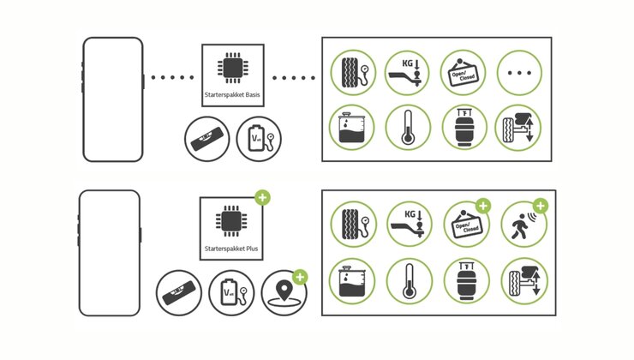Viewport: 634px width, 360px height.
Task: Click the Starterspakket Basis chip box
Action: click(233, 75)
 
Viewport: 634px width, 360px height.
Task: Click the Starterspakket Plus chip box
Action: click(231, 229)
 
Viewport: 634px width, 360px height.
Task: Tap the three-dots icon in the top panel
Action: click(520, 73)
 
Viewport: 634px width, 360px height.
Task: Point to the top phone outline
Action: click(112, 99)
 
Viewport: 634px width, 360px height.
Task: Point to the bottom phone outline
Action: click(109, 252)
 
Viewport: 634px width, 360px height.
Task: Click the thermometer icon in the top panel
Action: click(408, 129)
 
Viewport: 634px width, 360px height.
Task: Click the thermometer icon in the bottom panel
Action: click(408, 281)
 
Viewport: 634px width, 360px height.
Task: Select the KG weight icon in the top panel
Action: click(408, 73)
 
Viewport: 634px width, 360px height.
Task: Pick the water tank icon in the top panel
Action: click(352, 129)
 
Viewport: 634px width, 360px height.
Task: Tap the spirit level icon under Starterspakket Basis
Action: click(206, 140)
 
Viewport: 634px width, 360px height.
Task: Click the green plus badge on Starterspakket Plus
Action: click(262, 198)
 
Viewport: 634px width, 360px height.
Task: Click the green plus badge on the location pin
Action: click(300, 277)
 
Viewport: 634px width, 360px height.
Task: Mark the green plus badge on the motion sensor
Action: click(541, 206)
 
